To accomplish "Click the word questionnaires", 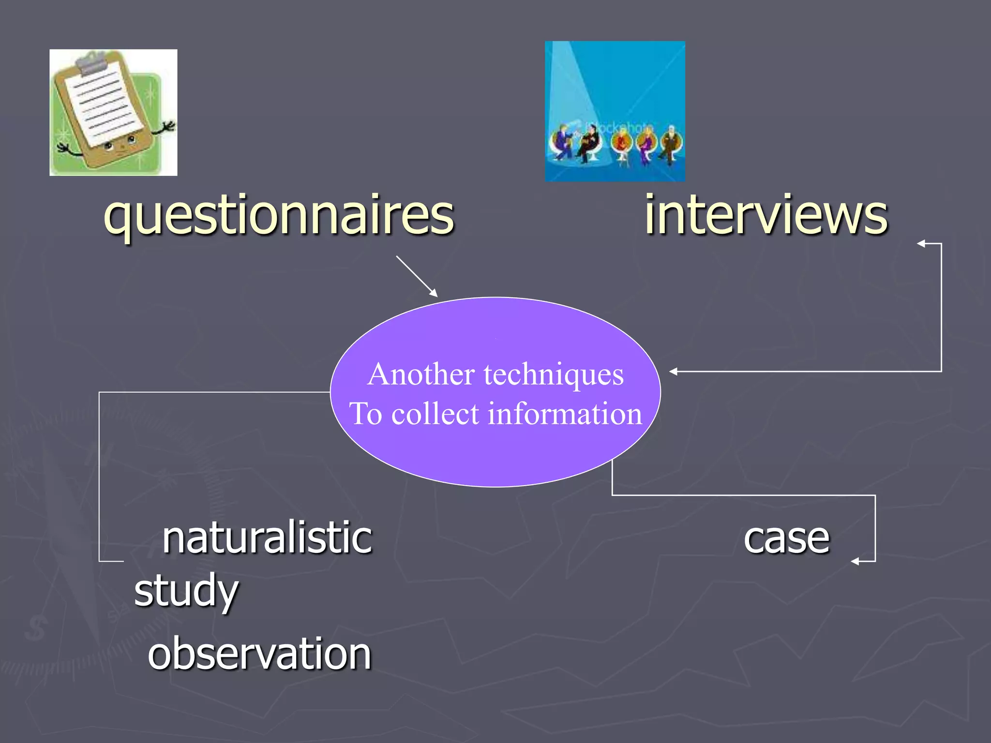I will click(x=279, y=215).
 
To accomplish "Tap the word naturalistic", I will click(x=267, y=538).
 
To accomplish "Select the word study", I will click(x=186, y=591).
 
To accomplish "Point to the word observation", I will click(x=259, y=654).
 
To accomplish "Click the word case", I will click(x=786, y=539).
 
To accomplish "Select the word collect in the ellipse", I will click(x=435, y=414).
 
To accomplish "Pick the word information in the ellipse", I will click(x=565, y=414).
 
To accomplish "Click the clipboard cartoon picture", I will click(x=113, y=112).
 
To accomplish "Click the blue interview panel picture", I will click(x=615, y=111).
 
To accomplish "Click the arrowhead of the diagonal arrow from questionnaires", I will click(x=434, y=294).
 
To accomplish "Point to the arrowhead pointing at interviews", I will click(x=921, y=244).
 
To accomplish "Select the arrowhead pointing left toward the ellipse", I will click(x=673, y=371).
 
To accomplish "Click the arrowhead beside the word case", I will click(x=855, y=561).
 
